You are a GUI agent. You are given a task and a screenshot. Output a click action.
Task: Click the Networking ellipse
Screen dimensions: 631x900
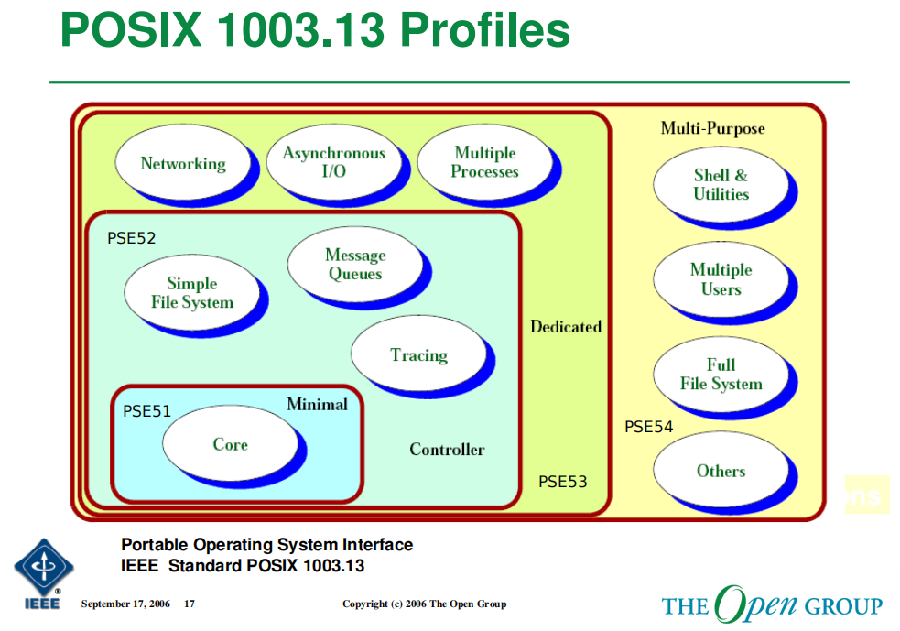(x=183, y=164)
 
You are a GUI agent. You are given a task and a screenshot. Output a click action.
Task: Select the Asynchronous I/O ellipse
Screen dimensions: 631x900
(x=333, y=163)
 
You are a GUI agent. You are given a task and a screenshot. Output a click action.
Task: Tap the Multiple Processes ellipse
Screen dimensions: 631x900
(x=484, y=163)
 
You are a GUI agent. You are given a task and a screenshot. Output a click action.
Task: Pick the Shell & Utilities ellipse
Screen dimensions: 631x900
(x=721, y=185)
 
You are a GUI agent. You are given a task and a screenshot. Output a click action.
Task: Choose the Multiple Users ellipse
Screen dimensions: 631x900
(x=721, y=279)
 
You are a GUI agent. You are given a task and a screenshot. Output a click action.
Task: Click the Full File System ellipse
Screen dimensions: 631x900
(x=721, y=375)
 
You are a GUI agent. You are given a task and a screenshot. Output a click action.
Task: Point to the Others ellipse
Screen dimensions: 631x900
(x=721, y=471)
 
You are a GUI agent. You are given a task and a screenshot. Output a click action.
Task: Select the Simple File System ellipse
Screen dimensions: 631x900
(x=191, y=293)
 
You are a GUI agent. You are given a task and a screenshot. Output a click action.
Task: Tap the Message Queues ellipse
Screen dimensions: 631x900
(x=355, y=265)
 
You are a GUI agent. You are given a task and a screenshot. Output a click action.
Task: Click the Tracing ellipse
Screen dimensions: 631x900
(x=418, y=355)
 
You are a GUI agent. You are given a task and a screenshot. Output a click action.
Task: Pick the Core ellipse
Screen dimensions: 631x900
(x=230, y=444)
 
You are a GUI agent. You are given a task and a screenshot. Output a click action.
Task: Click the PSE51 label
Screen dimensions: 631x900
(x=146, y=411)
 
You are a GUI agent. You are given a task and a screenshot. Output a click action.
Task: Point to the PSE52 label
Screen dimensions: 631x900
(x=132, y=238)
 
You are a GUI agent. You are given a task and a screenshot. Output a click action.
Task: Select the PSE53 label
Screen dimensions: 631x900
(x=562, y=482)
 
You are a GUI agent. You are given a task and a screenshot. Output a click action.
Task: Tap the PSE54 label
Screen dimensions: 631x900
(x=649, y=427)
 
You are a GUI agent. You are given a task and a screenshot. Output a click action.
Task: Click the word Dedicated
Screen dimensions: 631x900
(x=566, y=326)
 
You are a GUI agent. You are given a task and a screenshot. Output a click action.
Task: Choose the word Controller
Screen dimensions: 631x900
(x=447, y=450)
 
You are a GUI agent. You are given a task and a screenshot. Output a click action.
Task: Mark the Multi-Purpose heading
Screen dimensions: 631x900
(x=712, y=128)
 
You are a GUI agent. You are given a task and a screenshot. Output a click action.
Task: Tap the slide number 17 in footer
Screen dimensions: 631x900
(x=190, y=604)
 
